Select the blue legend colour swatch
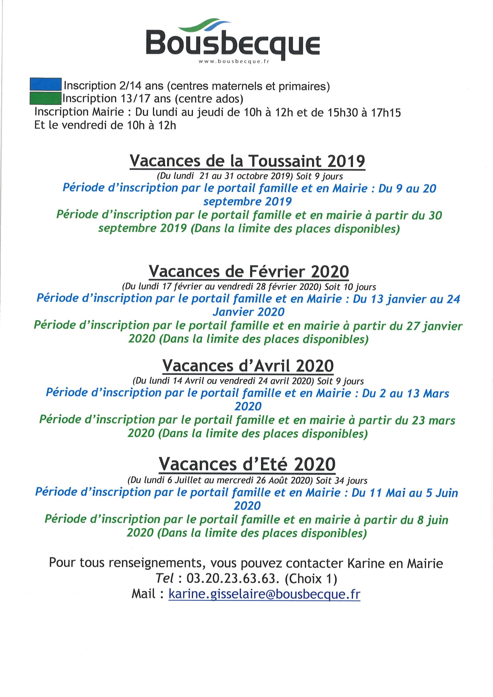click(45, 84)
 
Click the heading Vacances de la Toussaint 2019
click(247, 161)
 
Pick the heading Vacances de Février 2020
click(248, 271)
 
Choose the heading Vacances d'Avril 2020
click(248, 366)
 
